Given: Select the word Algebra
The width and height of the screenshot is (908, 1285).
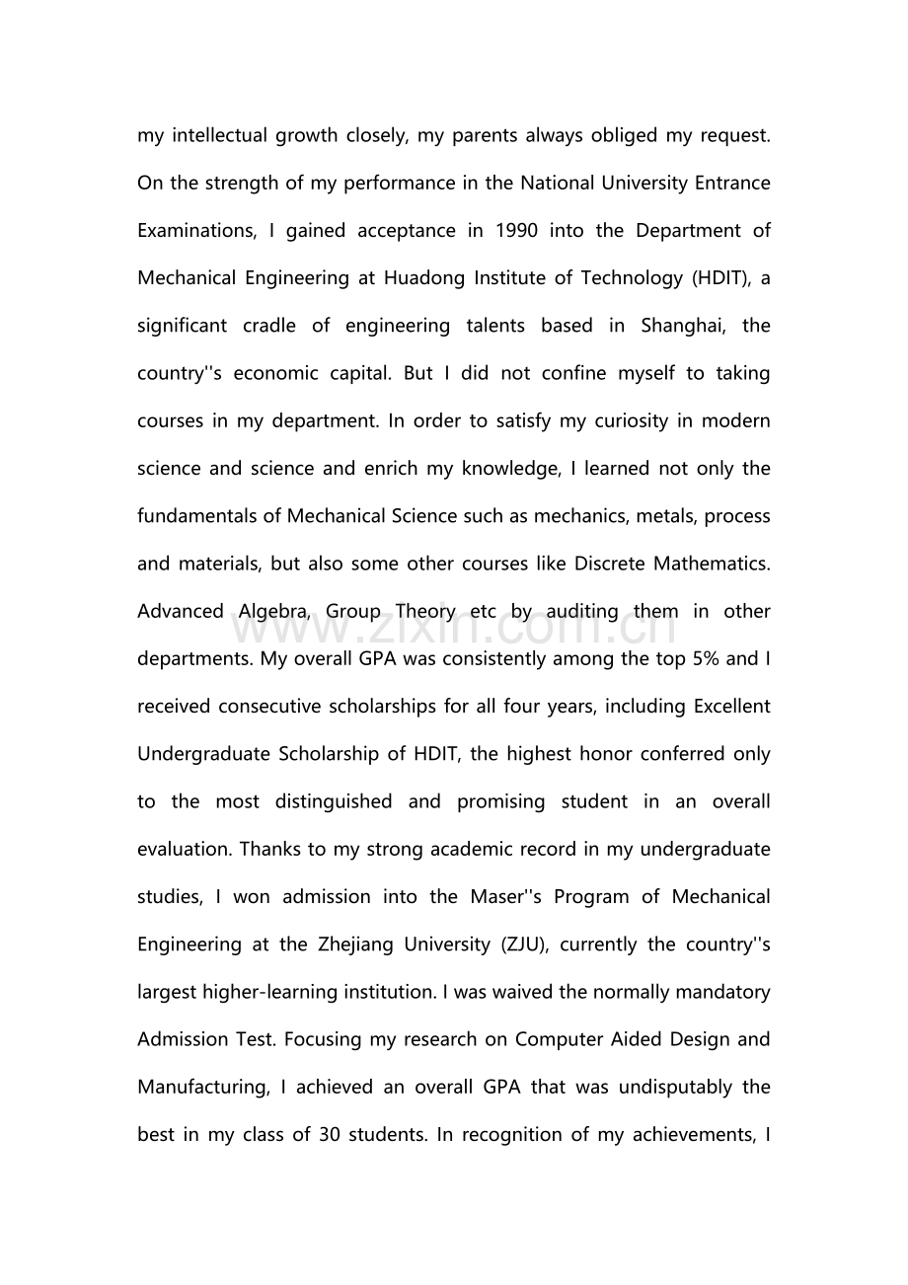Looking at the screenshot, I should point(272,612).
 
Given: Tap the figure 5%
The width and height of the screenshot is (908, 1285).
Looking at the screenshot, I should point(706,659).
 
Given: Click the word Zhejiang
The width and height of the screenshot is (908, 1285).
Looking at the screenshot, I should point(372,945).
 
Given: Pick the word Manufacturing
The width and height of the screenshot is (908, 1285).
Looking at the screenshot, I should point(202,1088).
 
